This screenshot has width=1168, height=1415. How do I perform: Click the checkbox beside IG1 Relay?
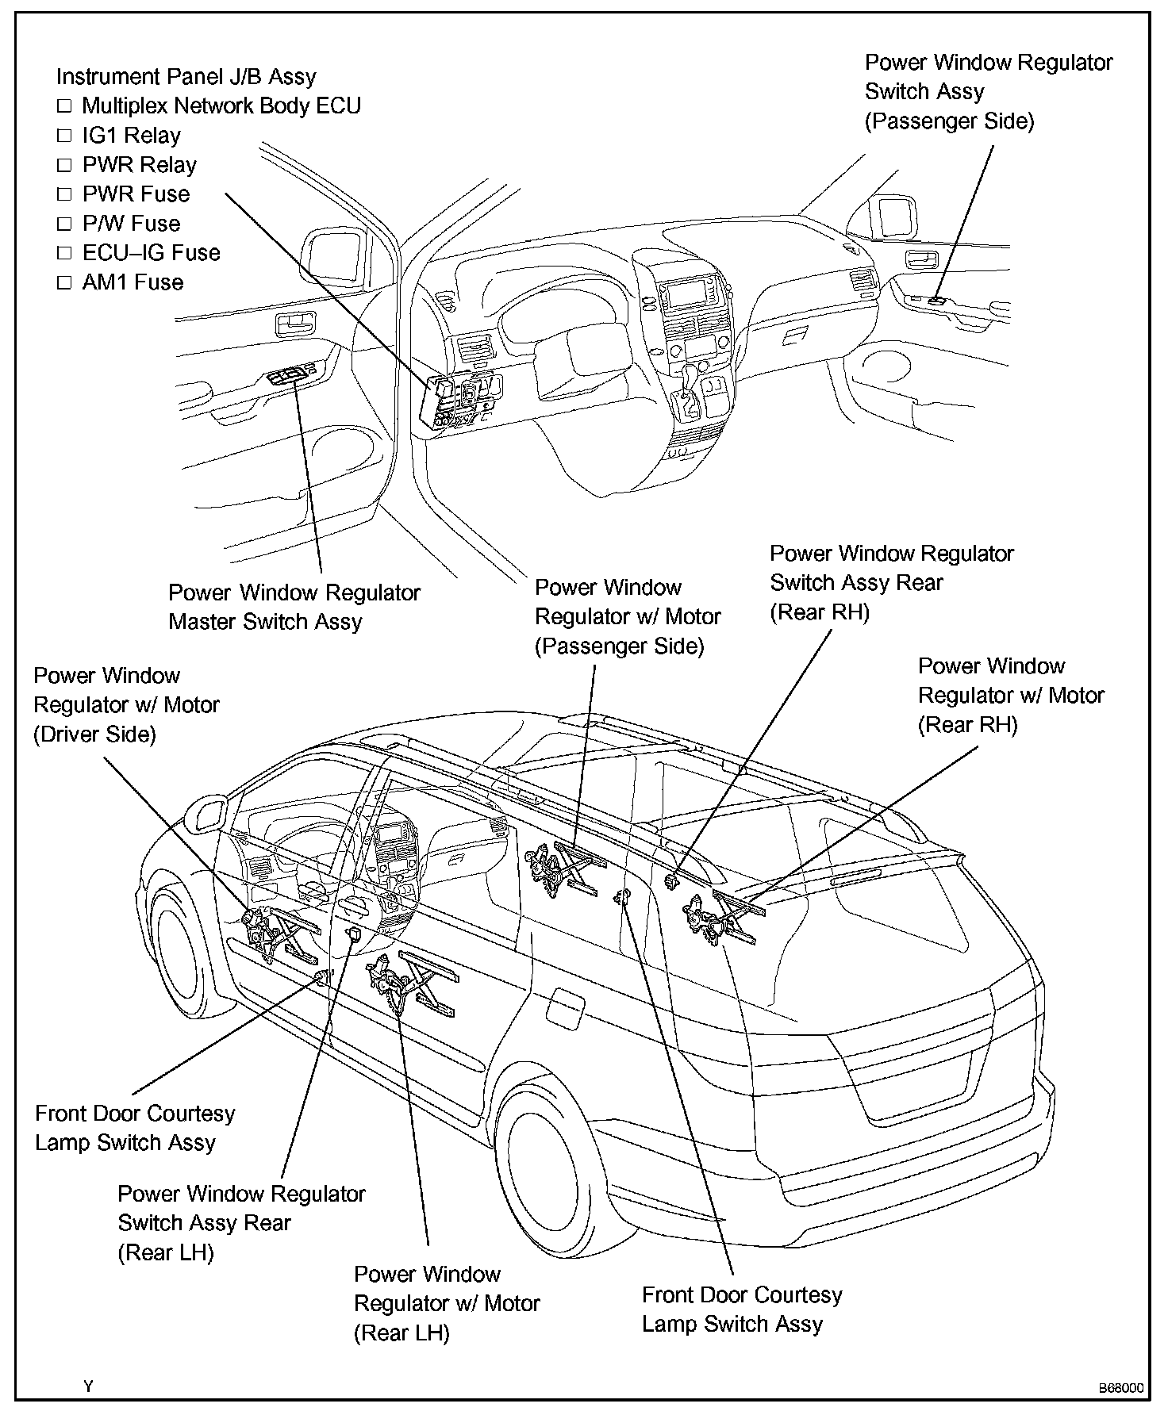(x=64, y=136)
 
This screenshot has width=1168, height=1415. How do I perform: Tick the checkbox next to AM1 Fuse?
(x=64, y=282)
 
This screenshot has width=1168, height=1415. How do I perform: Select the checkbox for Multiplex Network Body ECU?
(x=64, y=106)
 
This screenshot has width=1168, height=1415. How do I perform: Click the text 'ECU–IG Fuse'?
(x=151, y=253)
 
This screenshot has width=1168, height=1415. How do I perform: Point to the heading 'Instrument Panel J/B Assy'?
(x=186, y=77)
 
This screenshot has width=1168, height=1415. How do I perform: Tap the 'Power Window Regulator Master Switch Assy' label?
(x=294, y=607)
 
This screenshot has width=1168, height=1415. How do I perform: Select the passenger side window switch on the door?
(x=937, y=301)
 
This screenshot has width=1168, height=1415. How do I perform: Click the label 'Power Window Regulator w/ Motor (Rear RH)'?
(x=1010, y=696)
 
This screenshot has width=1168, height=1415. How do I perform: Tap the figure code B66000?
(x=1120, y=1388)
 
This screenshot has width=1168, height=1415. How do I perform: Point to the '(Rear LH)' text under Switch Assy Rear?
(x=166, y=1252)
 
